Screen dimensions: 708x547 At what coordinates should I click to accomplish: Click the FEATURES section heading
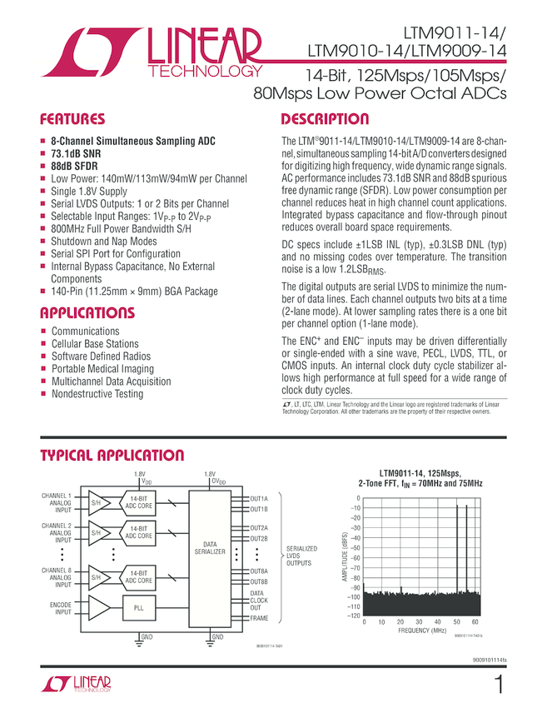pyautogui.click(x=73, y=119)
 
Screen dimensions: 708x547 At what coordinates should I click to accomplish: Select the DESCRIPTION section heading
pyautogui.click(x=325, y=119)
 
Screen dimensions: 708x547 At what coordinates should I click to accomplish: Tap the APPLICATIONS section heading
pyautogui.click(x=87, y=313)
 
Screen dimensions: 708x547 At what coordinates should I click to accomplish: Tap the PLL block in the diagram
pyautogui.click(x=138, y=608)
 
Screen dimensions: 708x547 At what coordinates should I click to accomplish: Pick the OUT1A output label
pyautogui.click(x=258, y=498)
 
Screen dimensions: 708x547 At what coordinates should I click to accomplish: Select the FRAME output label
pyautogui.click(x=259, y=618)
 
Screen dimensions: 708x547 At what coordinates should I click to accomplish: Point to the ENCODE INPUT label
pyautogui.click(x=57, y=608)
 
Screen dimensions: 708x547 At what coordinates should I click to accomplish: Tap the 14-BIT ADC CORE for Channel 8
pyautogui.click(x=138, y=576)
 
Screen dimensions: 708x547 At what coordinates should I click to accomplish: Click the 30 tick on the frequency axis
pyautogui.click(x=419, y=622)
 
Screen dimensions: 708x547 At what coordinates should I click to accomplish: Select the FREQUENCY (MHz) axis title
pyautogui.click(x=422, y=631)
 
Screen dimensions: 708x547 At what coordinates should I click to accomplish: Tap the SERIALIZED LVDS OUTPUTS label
pyautogui.click(x=301, y=556)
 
